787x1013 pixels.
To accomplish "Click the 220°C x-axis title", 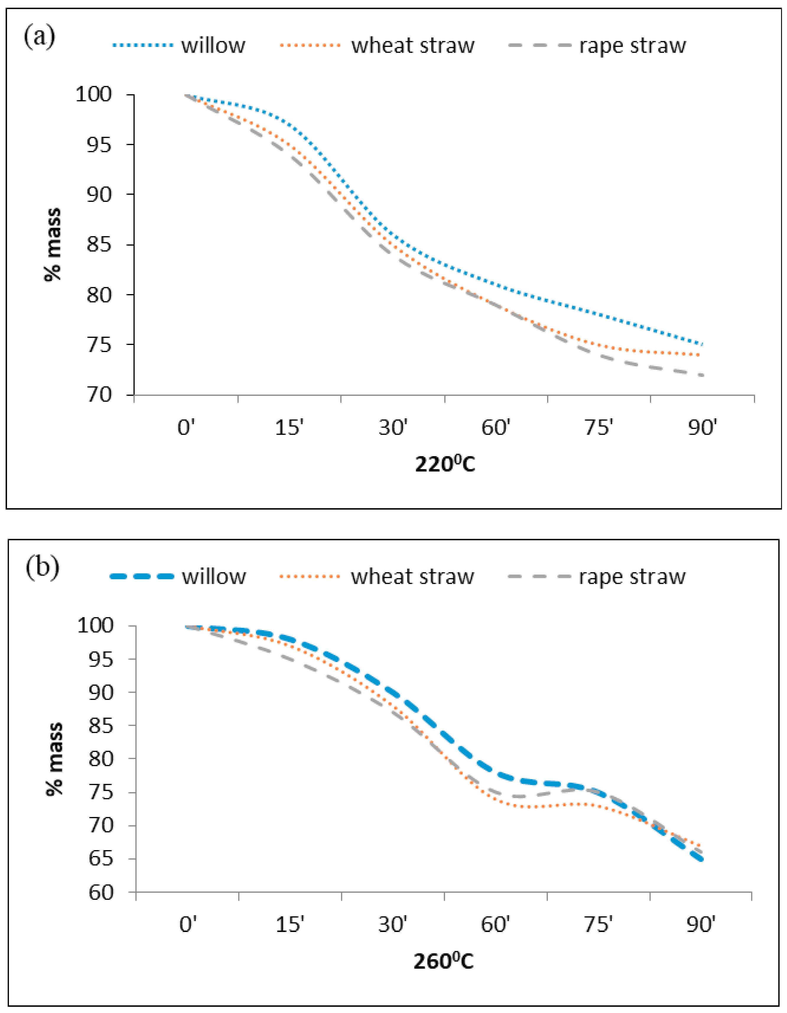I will tap(445, 464).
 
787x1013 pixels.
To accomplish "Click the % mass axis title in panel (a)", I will tap(52, 244).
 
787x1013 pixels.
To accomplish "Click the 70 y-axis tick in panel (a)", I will tap(99, 395).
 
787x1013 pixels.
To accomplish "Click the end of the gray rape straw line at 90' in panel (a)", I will tap(703, 375).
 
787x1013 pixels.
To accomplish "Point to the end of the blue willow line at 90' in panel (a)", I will tap(703, 344).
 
